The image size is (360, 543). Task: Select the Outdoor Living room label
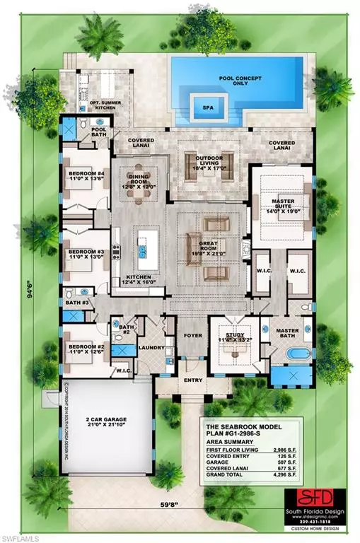click(x=210, y=161)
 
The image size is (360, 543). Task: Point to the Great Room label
click(x=205, y=243)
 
